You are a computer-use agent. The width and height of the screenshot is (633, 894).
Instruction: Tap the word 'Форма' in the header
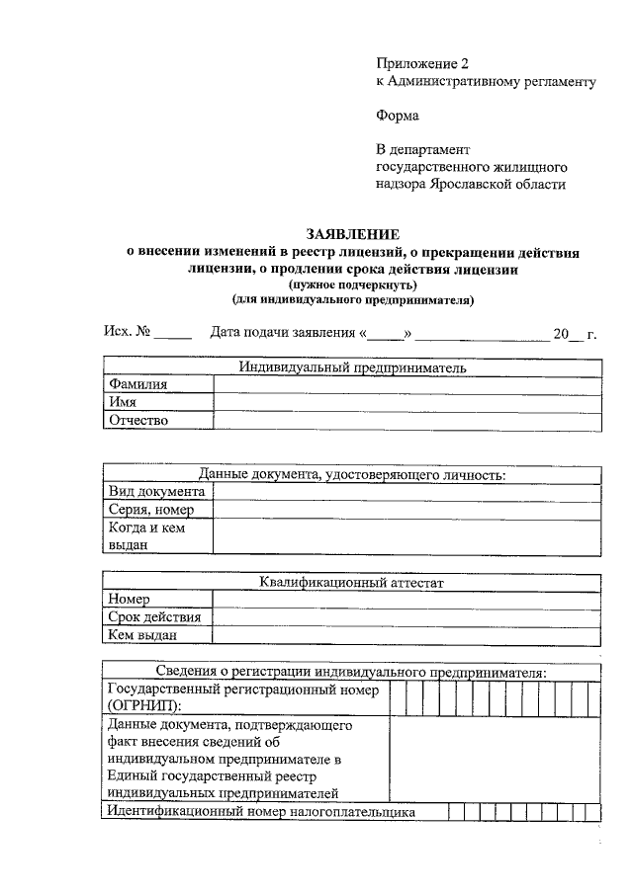pyautogui.click(x=397, y=116)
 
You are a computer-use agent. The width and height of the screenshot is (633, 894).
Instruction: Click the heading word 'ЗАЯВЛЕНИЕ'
pyautogui.click(x=352, y=234)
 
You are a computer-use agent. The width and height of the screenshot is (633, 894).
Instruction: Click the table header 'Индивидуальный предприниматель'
pyautogui.click(x=352, y=367)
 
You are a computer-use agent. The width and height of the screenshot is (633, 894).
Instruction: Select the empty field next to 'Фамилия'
pyautogui.click(x=406, y=385)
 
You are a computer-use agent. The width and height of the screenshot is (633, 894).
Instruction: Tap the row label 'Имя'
pyautogui.click(x=123, y=403)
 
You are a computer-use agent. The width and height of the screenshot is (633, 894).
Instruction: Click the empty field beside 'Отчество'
pyautogui.click(x=406, y=421)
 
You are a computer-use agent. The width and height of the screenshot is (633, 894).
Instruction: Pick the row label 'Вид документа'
pyautogui.click(x=156, y=492)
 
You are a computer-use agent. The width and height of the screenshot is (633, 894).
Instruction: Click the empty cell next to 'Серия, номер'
pyautogui.click(x=406, y=510)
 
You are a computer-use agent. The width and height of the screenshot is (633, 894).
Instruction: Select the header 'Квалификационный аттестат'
pyautogui.click(x=352, y=583)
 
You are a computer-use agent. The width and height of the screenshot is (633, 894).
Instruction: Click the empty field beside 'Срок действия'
pyautogui.click(x=406, y=617)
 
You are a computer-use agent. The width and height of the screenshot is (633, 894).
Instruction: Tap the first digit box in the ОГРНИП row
pyautogui.click(x=398, y=697)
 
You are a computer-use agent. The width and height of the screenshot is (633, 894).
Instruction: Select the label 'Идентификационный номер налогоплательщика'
pyautogui.click(x=261, y=812)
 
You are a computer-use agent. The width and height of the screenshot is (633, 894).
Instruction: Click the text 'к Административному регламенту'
pyautogui.click(x=486, y=82)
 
